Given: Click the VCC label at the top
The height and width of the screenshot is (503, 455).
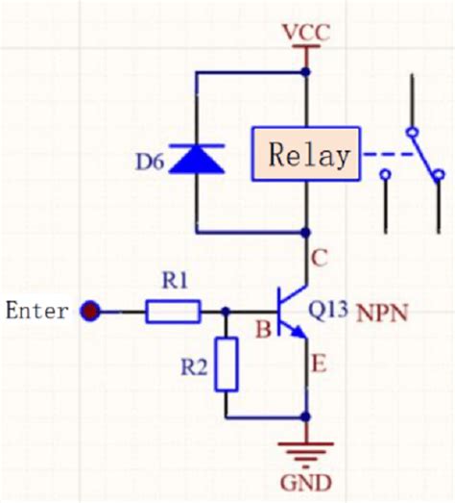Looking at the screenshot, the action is click(306, 33).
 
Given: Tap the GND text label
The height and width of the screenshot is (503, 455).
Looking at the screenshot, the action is click(306, 483).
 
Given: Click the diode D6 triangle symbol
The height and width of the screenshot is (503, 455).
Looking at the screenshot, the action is click(197, 159).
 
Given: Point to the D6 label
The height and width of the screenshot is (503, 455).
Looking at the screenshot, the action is click(150, 162).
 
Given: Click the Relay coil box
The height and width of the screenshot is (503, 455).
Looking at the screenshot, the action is click(306, 154).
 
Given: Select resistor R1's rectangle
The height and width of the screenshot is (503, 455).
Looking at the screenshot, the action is click(173, 311).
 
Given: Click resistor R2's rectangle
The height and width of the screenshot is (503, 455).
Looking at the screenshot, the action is click(227, 365).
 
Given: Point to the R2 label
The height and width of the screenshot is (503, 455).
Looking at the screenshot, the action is click(194, 367).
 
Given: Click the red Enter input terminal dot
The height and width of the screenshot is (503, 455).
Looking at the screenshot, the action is click(90, 311).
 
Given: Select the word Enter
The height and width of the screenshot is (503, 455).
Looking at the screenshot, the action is click(37, 311).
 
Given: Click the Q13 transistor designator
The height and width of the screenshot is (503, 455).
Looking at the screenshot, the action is click(327, 310).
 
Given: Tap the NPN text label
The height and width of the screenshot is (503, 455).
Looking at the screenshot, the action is click(382, 314).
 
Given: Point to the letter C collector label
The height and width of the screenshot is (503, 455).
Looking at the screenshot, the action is click(320, 258).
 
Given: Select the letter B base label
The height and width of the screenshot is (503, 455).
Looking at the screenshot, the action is click(263, 330).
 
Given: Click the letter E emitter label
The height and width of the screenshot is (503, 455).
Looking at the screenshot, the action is click(319, 365).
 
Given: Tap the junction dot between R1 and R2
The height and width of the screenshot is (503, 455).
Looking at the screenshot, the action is click(226, 311).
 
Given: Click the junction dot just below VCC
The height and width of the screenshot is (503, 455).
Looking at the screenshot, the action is click(306, 72).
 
